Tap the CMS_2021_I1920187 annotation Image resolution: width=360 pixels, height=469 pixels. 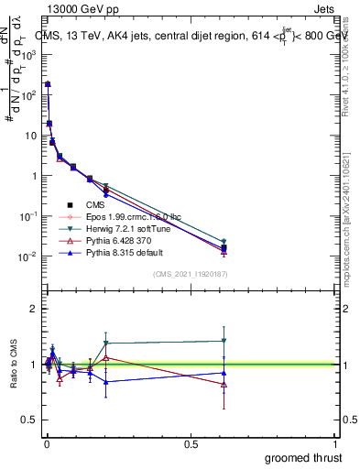point(191,274)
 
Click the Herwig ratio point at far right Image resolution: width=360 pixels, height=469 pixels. point(224,341)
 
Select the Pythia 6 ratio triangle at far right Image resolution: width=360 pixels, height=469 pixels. point(224,385)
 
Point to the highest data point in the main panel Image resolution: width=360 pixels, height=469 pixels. point(48,84)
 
